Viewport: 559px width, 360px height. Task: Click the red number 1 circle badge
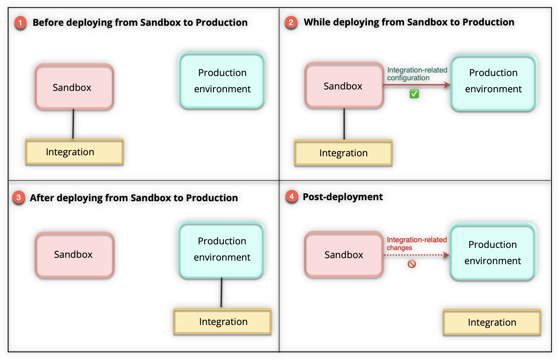click(20, 23)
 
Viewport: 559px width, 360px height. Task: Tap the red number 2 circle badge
click(291, 23)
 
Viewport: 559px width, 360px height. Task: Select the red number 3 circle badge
click(18, 198)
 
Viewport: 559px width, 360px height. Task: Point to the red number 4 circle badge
click(292, 196)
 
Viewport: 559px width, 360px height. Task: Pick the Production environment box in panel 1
click(222, 81)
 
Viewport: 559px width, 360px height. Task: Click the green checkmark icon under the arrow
click(414, 94)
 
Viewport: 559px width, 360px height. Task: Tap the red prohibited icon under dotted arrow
click(411, 264)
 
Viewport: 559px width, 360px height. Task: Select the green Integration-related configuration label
click(417, 74)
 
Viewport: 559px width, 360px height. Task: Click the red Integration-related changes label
click(416, 244)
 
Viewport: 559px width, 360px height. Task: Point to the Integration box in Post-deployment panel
click(492, 322)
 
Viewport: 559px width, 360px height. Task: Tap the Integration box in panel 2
click(344, 153)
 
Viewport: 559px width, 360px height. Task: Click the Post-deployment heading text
click(342, 197)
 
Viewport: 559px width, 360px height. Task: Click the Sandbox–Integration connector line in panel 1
click(73, 124)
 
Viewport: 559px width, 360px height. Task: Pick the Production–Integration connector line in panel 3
click(221, 293)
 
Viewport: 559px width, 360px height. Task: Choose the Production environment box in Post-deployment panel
click(492, 252)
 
